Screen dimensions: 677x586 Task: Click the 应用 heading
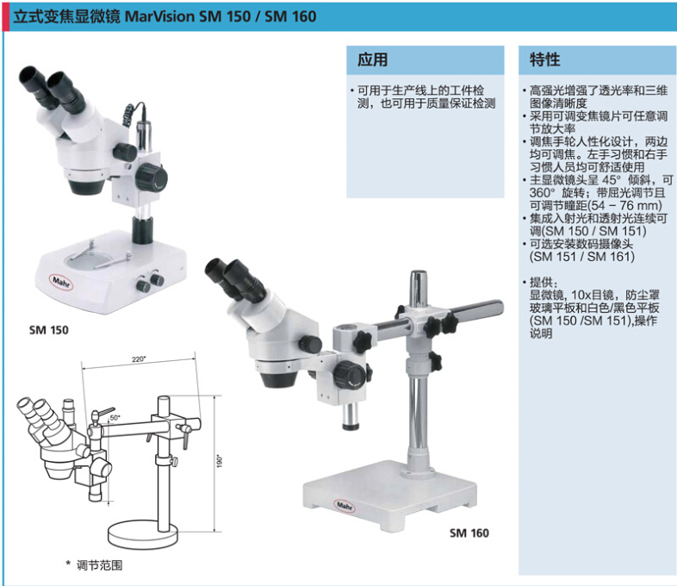pyautogui.click(x=372, y=59)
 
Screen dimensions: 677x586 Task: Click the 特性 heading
pyautogui.click(x=544, y=59)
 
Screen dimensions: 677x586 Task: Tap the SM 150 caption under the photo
pyautogui.click(x=49, y=330)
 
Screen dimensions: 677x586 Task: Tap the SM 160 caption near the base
pyautogui.click(x=469, y=533)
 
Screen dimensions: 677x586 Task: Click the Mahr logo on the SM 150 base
pyautogui.click(x=62, y=282)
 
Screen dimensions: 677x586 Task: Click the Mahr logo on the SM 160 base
pyautogui.click(x=345, y=506)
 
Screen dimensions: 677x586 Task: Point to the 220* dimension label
pyautogui.click(x=139, y=358)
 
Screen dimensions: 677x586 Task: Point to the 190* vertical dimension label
pyautogui.click(x=220, y=460)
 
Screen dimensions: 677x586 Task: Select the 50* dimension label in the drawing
pyautogui.click(x=115, y=418)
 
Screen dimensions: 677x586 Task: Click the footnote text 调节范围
pyautogui.click(x=99, y=565)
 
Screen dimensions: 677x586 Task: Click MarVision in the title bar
pyautogui.click(x=159, y=16)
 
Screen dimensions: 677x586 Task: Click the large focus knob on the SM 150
pyautogui.click(x=152, y=177)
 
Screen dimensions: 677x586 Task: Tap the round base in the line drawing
pyautogui.click(x=142, y=534)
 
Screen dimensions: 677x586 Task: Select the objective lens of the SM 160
pyautogui.click(x=279, y=378)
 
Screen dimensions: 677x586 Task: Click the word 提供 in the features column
pyautogui.click(x=541, y=283)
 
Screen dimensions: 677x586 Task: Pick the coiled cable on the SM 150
pyautogui.click(x=129, y=115)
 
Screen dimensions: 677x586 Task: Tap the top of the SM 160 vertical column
pyautogui.click(x=419, y=275)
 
